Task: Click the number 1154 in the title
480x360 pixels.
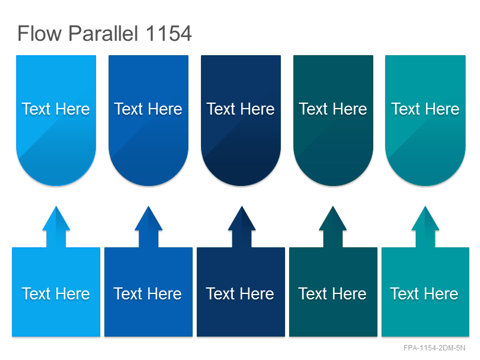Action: tap(169, 33)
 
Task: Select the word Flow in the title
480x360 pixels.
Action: tap(40, 33)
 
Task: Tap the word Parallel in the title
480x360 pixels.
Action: tap(103, 33)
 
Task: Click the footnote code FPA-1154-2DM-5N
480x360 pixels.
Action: tap(434, 348)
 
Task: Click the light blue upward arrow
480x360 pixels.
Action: tap(56, 227)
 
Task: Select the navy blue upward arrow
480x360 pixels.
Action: tap(242, 227)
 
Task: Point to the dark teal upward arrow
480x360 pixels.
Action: tap(333, 227)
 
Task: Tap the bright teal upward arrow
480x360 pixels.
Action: tap(425, 227)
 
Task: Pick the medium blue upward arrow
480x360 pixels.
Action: tap(148, 227)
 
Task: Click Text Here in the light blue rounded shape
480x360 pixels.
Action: tap(56, 109)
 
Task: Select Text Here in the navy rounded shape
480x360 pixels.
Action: tap(241, 109)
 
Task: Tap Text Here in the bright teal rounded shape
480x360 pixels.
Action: tap(425, 109)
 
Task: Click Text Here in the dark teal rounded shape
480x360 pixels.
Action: tap(333, 109)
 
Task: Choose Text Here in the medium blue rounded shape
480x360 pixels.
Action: tap(148, 109)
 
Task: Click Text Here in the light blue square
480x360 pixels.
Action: tap(56, 294)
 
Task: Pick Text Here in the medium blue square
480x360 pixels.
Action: tap(148, 294)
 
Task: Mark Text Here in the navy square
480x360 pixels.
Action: tap(240, 294)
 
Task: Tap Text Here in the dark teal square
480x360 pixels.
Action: tap(332, 294)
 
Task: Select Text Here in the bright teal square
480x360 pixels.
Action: tap(424, 294)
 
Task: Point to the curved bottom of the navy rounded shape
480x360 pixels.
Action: tap(241, 185)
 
